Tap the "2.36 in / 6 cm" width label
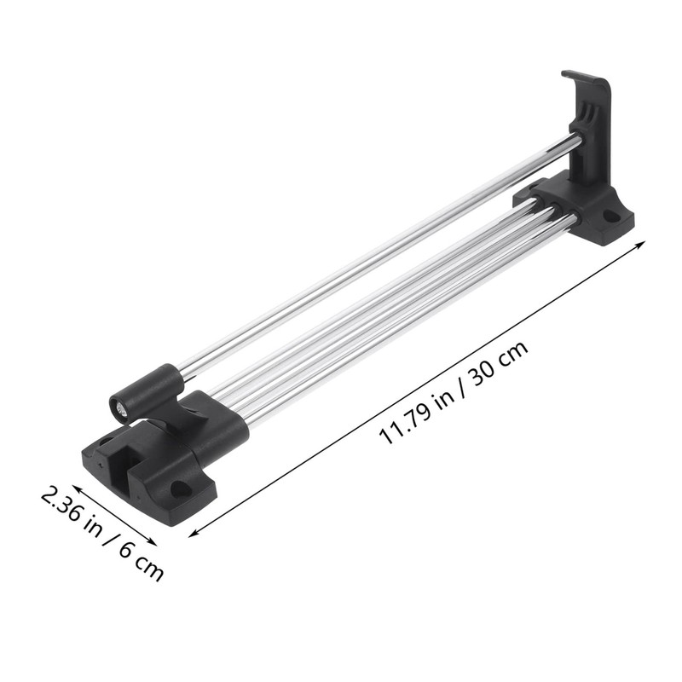coord(101,534)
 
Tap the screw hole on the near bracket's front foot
coord(180,488)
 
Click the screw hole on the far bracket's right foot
coord(612,217)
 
